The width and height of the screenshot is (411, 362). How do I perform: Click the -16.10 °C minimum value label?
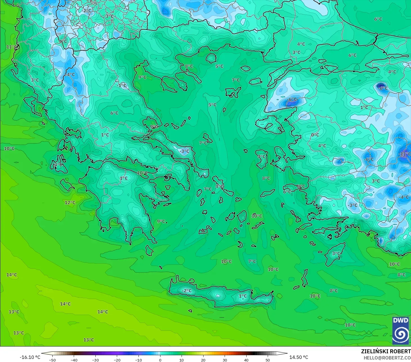[x=30, y=357]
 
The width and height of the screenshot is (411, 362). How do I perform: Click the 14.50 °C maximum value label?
[x=299, y=357]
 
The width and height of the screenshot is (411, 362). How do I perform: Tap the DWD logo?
[x=400, y=330]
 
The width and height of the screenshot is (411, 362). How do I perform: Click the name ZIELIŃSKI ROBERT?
[x=386, y=351]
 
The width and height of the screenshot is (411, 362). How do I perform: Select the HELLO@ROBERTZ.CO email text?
[x=387, y=358]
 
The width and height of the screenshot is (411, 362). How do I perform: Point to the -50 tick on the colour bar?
[x=52, y=360]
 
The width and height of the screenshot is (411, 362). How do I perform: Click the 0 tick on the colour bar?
[x=160, y=360]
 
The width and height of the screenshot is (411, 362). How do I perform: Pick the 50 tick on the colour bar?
[x=268, y=360]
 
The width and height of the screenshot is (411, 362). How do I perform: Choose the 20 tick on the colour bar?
[x=203, y=360]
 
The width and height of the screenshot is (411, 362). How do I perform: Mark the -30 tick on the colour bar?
[x=95, y=360]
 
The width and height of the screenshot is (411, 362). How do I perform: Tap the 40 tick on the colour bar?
[x=246, y=360]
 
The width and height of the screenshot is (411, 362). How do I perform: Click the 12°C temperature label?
[x=70, y=203]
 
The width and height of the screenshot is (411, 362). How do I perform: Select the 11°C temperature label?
[x=12, y=47]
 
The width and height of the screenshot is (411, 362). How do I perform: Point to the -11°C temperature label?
[x=405, y=154]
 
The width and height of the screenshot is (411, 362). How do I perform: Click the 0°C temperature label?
[x=315, y=135]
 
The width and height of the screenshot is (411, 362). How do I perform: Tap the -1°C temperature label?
[x=122, y=86]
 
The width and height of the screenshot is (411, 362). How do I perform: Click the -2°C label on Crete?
[x=187, y=291]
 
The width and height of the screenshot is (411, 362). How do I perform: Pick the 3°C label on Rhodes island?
[x=336, y=253]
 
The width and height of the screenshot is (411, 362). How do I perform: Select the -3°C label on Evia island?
[x=184, y=151]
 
